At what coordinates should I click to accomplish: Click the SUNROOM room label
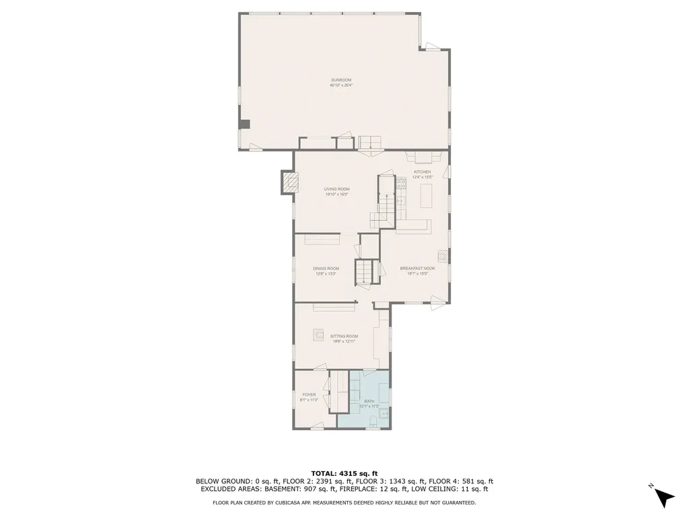341,80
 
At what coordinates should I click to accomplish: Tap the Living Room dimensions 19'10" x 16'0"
337,195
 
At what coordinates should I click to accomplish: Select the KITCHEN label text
422,172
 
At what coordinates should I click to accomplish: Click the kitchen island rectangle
427,197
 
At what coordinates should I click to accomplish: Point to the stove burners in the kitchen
401,182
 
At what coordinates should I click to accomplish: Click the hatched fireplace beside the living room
289,182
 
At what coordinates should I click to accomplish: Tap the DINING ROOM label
326,269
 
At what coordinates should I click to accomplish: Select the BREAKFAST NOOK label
417,269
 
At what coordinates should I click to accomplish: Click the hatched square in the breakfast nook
442,256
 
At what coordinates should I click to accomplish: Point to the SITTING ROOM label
344,336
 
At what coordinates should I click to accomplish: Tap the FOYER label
308,394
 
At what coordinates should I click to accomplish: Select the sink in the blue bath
384,413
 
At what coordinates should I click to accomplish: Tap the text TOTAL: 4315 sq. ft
344,473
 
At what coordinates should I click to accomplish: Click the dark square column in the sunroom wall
246,124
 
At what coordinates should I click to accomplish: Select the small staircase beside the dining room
364,271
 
